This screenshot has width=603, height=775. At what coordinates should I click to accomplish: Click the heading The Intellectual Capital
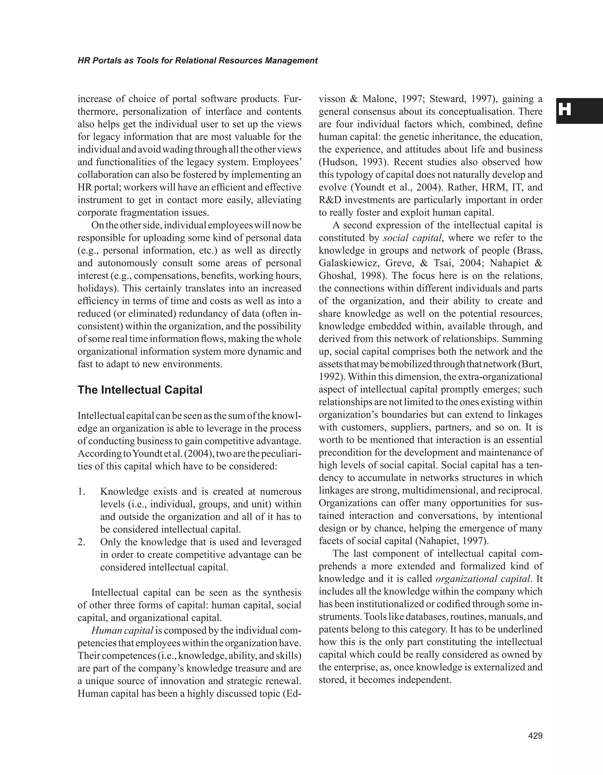coord(140,390)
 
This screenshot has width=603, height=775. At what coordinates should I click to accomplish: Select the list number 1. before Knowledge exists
coord(82,492)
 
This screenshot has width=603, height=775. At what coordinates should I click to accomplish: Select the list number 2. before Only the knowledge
coord(82,542)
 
